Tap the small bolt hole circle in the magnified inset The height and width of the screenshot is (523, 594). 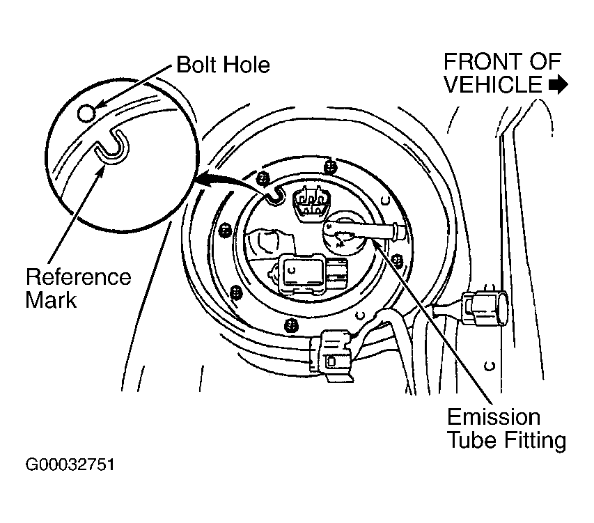[86, 113]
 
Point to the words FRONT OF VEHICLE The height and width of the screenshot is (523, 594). [502, 72]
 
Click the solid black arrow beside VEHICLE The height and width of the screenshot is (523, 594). [558, 85]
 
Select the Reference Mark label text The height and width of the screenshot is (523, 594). [79, 288]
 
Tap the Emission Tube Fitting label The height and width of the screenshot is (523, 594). [506, 429]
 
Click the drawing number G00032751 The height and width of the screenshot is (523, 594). [70, 465]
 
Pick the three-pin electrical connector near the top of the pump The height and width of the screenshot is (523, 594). [311, 205]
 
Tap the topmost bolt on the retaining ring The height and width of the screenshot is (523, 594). [331, 166]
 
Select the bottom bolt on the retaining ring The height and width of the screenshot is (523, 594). [290, 325]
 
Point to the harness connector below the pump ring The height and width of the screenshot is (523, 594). [331, 354]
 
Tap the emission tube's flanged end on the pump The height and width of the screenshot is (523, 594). [399, 231]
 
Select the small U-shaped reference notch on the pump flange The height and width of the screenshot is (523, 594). [274, 195]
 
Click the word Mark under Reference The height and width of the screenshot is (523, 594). [51, 300]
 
